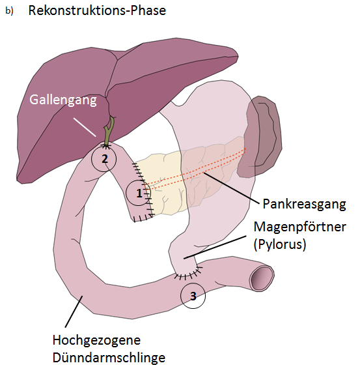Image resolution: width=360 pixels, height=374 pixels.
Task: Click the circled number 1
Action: pyautogui.click(x=139, y=193)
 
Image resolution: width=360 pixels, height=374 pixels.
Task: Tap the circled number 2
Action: pyautogui.click(x=104, y=159)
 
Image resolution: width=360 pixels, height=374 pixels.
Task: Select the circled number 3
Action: pyautogui.click(x=193, y=296)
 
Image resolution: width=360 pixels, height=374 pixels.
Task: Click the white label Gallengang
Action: pyautogui.click(x=63, y=100)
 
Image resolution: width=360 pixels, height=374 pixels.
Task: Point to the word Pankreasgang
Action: pyautogui.click(x=304, y=204)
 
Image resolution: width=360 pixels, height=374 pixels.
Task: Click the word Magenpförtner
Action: pyautogui.click(x=299, y=227)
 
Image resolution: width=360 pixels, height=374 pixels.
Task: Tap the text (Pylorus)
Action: pyautogui.click(x=280, y=244)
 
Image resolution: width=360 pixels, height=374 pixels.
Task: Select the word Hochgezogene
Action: pyautogui.click(x=96, y=340)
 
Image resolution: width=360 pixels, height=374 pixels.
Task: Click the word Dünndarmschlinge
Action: pyautogui.click(x=109, y=358)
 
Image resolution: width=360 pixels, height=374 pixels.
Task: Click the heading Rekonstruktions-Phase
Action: pyautogui.click(x=97, y=10)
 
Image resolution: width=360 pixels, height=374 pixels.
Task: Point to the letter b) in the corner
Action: pyautogui.click(x=9, y=11)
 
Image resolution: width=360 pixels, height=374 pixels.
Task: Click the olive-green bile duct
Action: pyautogui.click(x=109, y=131)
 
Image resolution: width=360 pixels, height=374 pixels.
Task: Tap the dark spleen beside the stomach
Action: pyautogui.click(x=260, y=136)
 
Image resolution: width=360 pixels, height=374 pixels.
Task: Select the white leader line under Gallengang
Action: pyautogui.click(x=85, y=127)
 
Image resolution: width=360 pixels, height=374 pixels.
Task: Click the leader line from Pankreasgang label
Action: pyautogui.click(x=231, y=188)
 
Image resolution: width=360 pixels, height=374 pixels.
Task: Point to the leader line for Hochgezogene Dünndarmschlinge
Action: pyautogui.click(x=74, y=311)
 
